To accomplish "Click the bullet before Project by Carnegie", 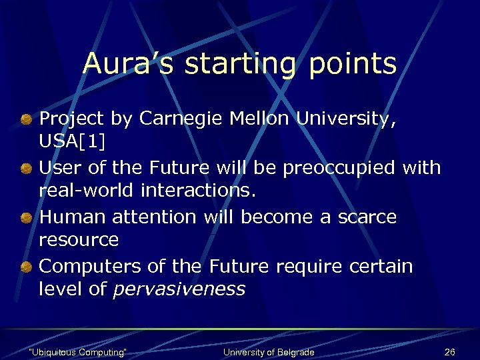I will (x=26, y=120).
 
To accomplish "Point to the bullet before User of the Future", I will (x=26, y=169).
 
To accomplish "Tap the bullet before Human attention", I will (x=26, y=219).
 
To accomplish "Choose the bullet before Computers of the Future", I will (x=26, y=268).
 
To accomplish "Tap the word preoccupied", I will (x=341, y=169).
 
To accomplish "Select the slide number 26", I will (x=449, y=352).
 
